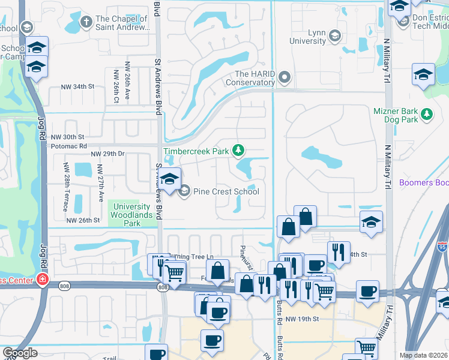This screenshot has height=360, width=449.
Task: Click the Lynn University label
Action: click(307, 37)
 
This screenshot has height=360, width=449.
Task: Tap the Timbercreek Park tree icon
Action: click(239, 149)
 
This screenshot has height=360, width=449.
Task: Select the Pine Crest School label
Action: click(226, 191)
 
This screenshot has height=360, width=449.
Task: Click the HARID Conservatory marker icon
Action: click(285, 77)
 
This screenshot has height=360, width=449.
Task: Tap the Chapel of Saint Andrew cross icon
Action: click(86, 23)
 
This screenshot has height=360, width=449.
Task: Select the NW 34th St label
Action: click(78, 86)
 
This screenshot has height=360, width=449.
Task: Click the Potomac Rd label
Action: click(69, 146)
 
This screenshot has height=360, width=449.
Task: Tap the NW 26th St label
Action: click(83, 220)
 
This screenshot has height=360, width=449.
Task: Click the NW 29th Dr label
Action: click(107, 154)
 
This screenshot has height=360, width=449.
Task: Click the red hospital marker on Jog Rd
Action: click(42, 279)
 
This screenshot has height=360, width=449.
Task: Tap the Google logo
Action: click(20, 353)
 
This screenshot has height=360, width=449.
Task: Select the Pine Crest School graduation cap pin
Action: click(170, 179)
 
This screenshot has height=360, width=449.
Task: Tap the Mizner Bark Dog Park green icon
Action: click(427, 113)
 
